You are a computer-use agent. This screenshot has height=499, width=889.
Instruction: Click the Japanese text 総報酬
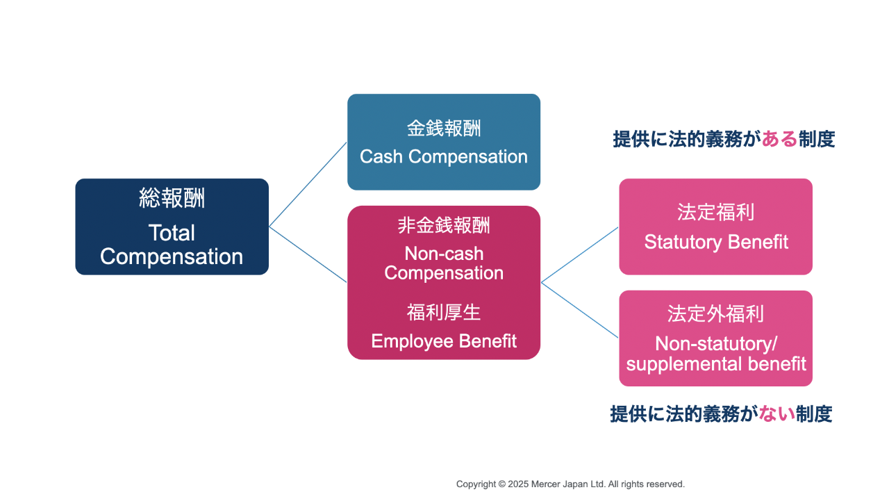click(172, 199)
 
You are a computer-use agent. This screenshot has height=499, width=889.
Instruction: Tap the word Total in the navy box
click(172, 233)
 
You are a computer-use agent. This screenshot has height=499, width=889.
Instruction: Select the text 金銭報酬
click(443, 129)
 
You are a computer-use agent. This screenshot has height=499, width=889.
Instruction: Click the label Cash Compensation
click(443, 157)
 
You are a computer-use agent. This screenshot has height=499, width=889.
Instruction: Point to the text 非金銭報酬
click(443, 225)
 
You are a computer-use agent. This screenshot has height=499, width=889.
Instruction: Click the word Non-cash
click(443, 254)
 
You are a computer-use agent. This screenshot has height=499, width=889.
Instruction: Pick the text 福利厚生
click(443, 313)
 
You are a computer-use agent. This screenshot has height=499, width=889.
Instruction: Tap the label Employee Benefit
click(443, 341)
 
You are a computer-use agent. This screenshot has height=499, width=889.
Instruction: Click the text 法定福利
click(715, 213)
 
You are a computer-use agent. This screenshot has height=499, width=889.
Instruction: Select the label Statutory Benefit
click(715, 242)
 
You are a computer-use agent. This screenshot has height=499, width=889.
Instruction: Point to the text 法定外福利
click(715, 314)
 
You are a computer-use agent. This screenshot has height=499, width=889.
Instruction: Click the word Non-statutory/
click(715, 343)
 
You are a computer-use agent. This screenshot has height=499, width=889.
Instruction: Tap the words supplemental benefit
click(715, 363)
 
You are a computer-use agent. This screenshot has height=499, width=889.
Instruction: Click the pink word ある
click(779, 140)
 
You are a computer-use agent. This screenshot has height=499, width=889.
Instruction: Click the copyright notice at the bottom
click(570, 484)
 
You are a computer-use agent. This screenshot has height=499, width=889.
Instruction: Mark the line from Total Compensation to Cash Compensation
click(308, 184)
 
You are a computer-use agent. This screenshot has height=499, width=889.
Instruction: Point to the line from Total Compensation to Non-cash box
click(308, 254)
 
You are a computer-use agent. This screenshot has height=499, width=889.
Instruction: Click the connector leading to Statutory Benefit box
click(579, 254)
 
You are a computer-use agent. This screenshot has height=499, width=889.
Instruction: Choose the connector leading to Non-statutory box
click(579, 310)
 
